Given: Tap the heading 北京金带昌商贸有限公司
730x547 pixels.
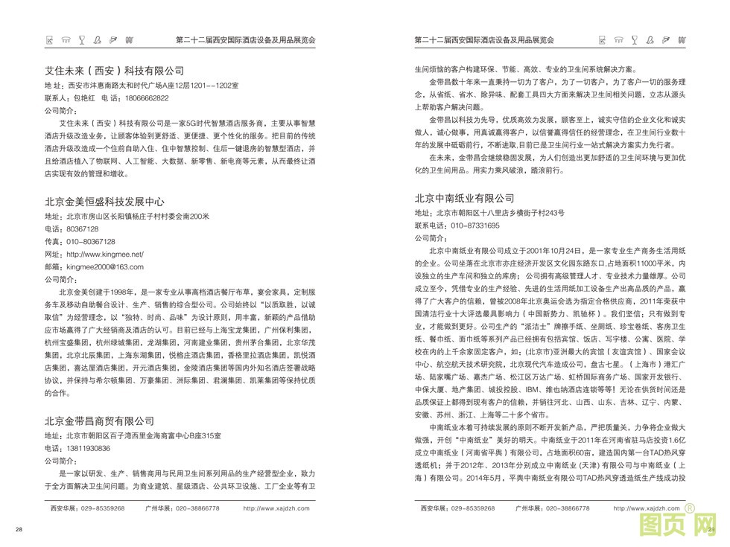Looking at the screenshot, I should (x=99, y=421).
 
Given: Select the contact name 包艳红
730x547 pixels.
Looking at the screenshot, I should (x=81, y=98).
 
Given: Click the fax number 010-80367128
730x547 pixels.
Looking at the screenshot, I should (x=90, y=242).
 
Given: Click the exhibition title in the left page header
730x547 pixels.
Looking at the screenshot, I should (x=246, y=39).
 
